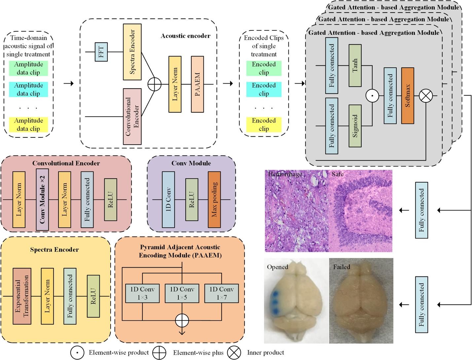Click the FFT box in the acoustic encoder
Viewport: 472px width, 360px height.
[101, 52]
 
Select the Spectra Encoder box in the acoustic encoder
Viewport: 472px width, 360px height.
[132, 52]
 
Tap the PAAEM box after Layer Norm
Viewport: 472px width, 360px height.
[197, 84]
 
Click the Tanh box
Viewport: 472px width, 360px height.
[355, 65]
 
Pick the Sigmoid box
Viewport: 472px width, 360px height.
[355, 126]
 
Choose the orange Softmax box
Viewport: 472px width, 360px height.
[408, 96]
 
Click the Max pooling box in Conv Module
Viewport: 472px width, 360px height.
[214, 199]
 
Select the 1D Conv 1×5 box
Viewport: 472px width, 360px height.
[182, 293]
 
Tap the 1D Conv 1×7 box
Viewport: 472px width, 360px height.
[221, 293]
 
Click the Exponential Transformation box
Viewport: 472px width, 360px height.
[22, 296]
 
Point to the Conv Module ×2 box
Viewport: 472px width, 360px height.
[42, 199]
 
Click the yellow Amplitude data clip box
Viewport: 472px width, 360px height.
[28, 125]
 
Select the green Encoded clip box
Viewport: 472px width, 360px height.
[264, 68]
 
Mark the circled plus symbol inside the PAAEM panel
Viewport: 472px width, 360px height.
[182, 320]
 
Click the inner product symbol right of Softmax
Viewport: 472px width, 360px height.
[426, 96]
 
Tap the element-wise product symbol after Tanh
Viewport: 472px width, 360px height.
[372, 96]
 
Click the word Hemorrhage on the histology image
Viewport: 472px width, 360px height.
[285, 174]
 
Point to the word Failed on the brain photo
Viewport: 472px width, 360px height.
[342, 267]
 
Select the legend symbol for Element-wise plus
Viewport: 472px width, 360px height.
[159, 353]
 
